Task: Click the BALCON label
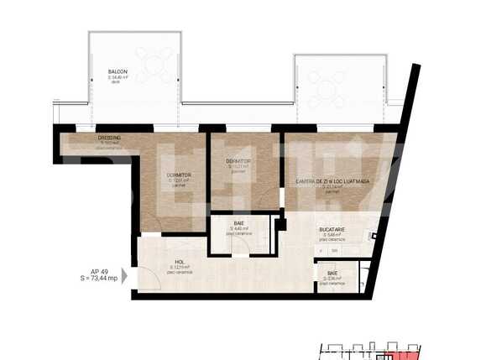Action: pyautogui.click(x=118, y=71)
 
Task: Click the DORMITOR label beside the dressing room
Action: pyautogui.click(x=179, y=175)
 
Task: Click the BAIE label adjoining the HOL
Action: pyautogui.click(x=239, y=223)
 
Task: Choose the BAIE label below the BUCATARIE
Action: pyautogui.click(x=332, y=274)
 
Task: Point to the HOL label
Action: pyautogui.click(x=179, y=261)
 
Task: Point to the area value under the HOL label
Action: pyautogui.click(x=179, y=267)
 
